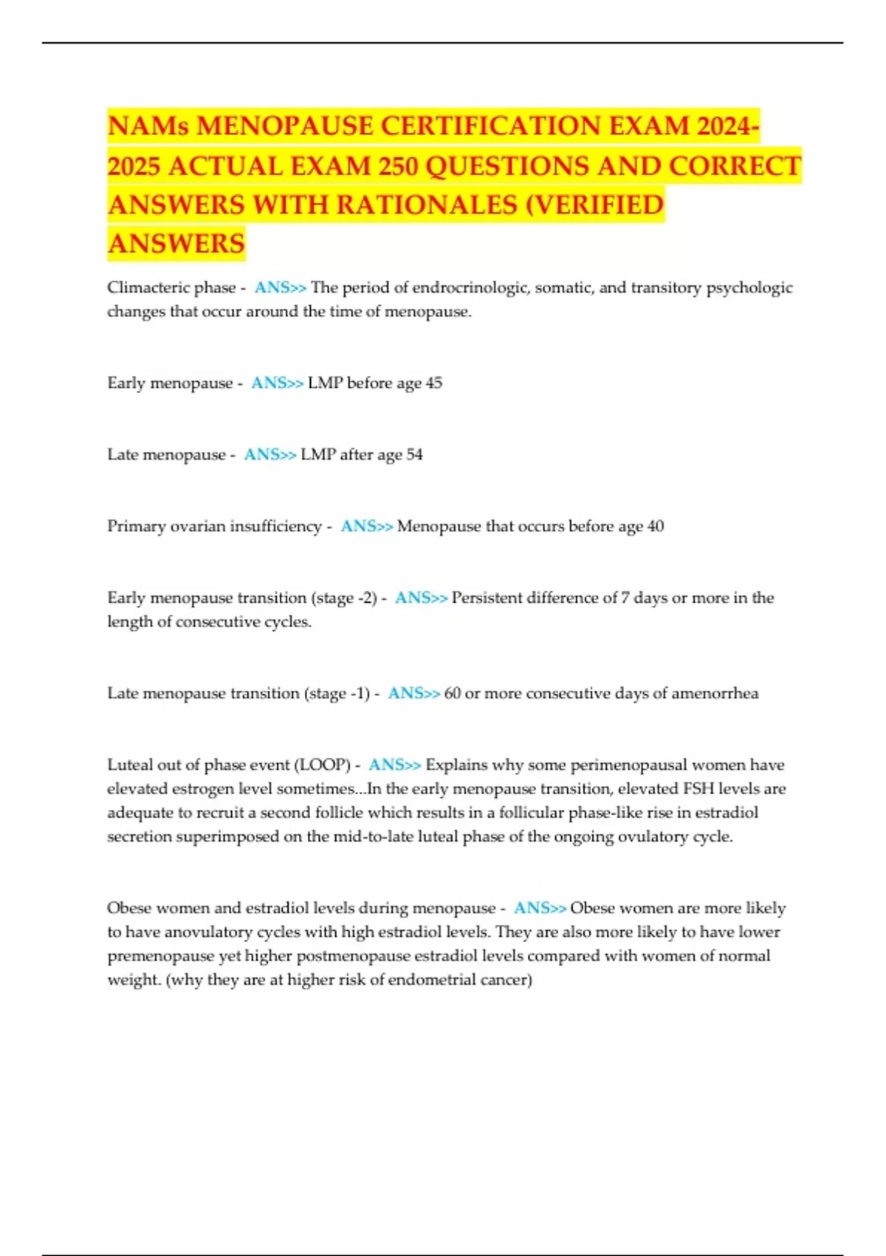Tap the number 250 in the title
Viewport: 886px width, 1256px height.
point(399,165)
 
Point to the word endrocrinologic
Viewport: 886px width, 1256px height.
point(470,287)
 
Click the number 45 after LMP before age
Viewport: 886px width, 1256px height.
point(434,383)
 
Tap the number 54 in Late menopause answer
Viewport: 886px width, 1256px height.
point(415,454)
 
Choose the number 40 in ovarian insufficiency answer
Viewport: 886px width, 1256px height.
point(655,526)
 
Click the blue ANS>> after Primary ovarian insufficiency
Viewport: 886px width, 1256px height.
point(366,526)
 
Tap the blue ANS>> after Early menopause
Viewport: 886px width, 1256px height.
point(277,383)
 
